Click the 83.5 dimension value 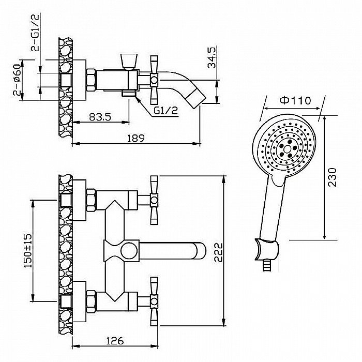pyautogui.click(x=100, y=117)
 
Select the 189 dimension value pyautogui.click(x=136, y=138)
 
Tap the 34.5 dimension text pyautogui.click(x=212, y=57)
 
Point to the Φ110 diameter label pyautogui.click(x=295, y=100)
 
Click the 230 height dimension pyautogui.click(x=333, y=177)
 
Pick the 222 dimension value pyautogui.click(x=218, y=252)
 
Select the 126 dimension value pyautogui.click(x=115, y=340)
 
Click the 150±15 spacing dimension pyautogui.click(x=28, y=251)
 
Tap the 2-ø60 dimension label pyautogui.click(x=17, y=80)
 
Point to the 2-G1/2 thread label pyautogui.click(x=35, y=32)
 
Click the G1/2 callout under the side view pyautogui.click(x=166, y=111)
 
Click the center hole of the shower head pyautogui.click(x=287, y=149)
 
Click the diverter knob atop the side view pyautogui.click(x=129, y=62)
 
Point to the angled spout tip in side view pyautogui.click(x=196, y=98)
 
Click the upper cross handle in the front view pyautogui.click(x=154, y=200)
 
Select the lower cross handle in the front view pyautogui.click(x=154, y=301)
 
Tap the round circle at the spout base pyautogui.click(x=129, y=251)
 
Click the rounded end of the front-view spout pyautogui.click(x=201, y=251)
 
